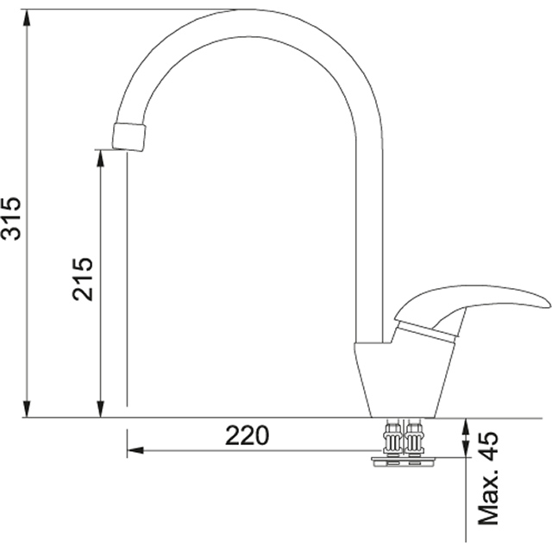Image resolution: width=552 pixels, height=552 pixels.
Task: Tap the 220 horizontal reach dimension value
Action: [248, 436]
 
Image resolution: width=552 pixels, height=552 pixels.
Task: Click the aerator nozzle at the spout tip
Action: [129, 136]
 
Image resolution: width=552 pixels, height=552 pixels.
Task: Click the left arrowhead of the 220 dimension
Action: [135, 450]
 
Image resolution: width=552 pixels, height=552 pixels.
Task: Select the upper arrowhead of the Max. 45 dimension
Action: [466, 425]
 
